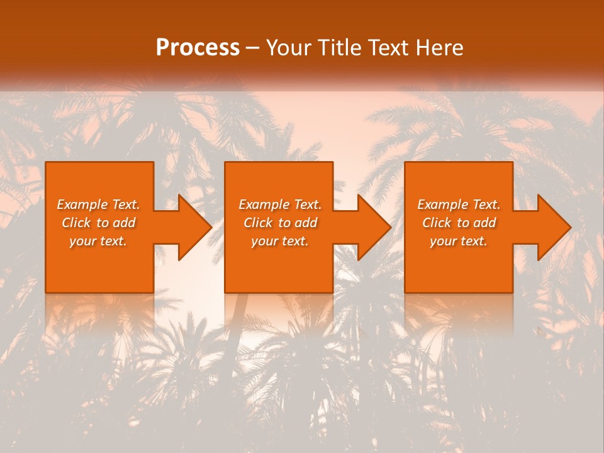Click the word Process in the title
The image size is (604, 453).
pos(198,48)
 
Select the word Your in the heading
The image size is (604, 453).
pos(289,48)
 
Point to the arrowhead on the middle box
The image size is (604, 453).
pos(373,227)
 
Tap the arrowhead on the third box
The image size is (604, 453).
pos(553,227)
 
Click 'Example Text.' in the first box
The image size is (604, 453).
pos(98,204)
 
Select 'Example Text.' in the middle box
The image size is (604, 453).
pos(280,204)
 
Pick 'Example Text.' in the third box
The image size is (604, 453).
pos(459,204)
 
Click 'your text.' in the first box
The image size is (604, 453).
pos(98,241)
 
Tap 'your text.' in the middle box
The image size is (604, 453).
pos(280,241)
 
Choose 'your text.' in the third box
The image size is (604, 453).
pos(459,241)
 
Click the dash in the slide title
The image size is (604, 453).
pos(252,48)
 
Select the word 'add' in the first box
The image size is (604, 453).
pos(123,223)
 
